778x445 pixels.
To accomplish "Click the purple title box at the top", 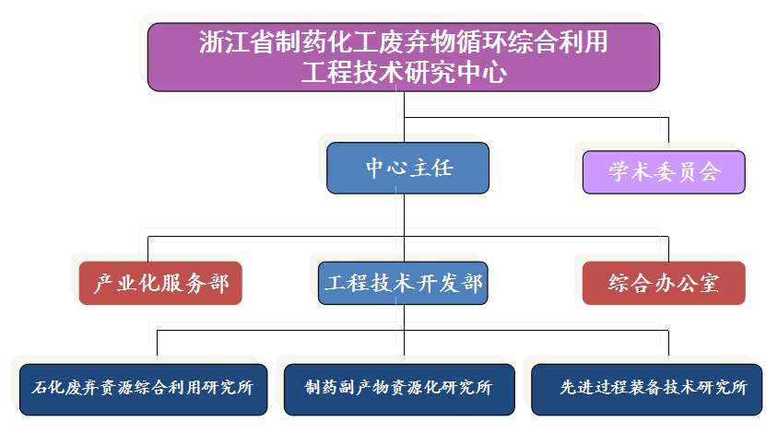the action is (404, 57).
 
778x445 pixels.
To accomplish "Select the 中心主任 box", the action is (407, 168).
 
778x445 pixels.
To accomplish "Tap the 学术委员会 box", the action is (664, 172).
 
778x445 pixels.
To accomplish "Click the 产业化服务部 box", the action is (160, 283).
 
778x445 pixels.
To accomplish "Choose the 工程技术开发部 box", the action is (403, 283).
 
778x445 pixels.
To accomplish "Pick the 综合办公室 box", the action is (664, 283).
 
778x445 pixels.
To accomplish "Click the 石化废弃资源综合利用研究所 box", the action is (144, 390).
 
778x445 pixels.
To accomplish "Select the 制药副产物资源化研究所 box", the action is (399, 390).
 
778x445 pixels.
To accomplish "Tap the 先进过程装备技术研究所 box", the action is (646, 390).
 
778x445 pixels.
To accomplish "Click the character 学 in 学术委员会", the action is (619, 171).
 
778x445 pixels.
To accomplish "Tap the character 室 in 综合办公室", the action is (709, 283).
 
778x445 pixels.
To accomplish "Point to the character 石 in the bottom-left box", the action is (40, 388).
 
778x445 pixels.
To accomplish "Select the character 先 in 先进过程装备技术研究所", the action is (568, 388).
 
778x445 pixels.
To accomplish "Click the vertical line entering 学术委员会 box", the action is (668, 134).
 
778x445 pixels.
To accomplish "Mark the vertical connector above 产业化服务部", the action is (147, 249).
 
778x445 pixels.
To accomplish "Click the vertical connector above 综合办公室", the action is (668, 249).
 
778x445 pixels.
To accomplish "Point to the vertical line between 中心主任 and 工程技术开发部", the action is (404, 228).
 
